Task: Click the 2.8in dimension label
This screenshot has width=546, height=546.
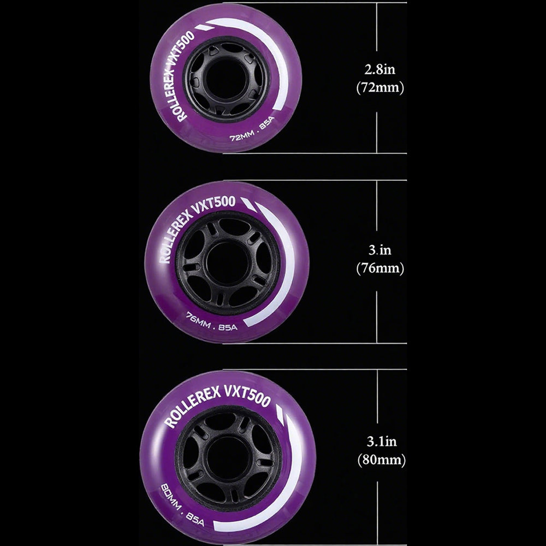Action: tap(380, 69)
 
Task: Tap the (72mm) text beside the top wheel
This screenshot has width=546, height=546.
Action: tap(380, 87)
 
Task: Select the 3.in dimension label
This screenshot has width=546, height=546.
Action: tap(380, 250)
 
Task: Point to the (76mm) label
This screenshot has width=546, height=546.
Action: tap(380, 268)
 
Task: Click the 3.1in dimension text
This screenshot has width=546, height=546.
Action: tap(382, 442)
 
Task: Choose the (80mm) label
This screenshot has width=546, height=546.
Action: tap(382, 460)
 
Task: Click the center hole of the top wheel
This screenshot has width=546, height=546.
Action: tap(227, 78)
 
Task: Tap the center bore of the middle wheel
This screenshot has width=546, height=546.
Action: tap(227, 263)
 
